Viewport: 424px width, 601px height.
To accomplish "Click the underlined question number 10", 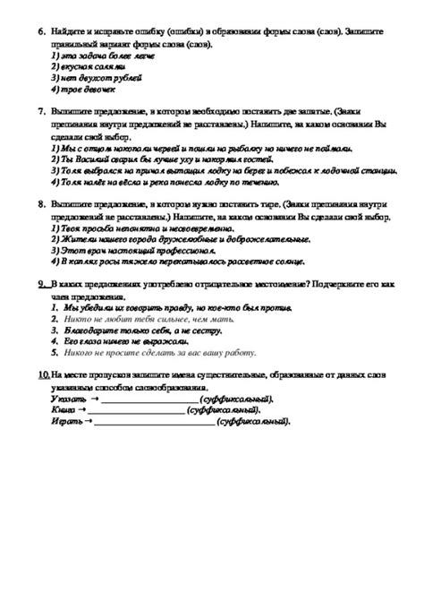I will (44, 374).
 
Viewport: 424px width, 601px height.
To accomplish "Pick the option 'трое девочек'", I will (85, 89).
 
